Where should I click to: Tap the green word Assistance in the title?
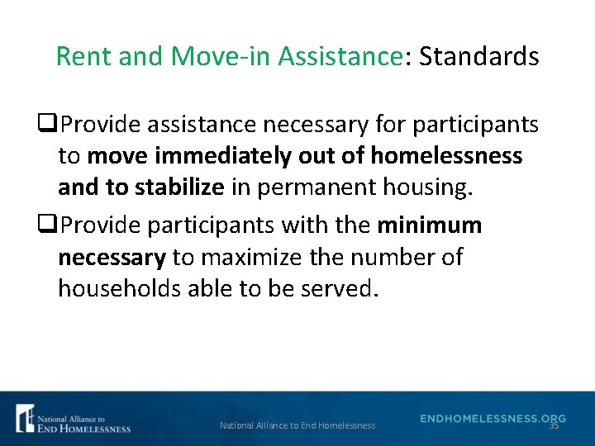click(339, 57)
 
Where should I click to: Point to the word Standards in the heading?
click(478, 57)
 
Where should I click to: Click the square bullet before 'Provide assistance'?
click(54, 126)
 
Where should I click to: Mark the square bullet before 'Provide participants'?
click(54, 226)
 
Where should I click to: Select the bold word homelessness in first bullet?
click(446, 155)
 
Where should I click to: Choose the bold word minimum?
click(430, 225)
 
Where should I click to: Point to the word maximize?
click(253, 258)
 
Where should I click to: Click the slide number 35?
click(554, 425)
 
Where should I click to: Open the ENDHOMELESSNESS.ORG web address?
click(493, 419)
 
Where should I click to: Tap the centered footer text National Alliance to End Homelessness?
click(297, 425)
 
